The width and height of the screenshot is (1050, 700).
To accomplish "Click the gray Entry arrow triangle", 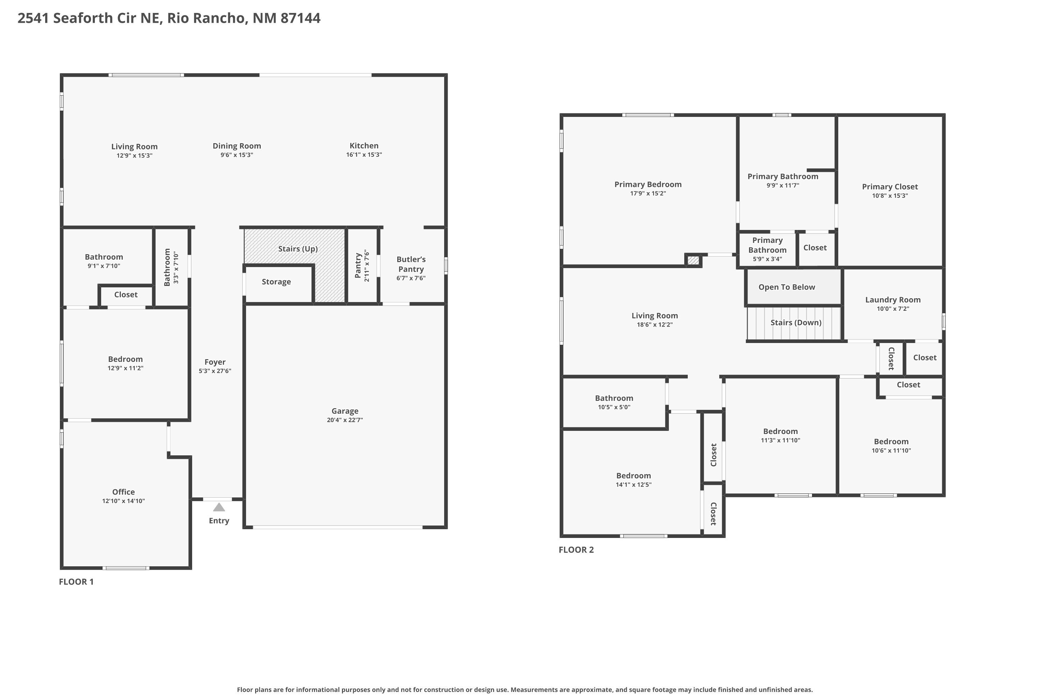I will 219,507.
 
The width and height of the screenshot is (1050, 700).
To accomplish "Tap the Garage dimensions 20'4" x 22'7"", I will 345,420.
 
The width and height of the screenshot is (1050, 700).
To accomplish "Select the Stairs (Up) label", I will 298,248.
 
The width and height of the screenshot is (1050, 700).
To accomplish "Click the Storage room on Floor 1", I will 276,282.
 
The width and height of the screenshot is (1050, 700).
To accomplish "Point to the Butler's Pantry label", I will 411,264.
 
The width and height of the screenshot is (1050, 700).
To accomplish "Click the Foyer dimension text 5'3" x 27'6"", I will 215,371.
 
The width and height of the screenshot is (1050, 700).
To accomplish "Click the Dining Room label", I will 237,146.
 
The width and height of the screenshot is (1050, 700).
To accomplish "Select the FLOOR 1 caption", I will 76,582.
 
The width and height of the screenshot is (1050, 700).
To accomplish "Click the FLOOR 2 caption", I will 576,550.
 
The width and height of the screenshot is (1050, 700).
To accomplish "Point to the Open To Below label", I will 786,287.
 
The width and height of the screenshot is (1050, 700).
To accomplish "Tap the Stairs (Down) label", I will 796,322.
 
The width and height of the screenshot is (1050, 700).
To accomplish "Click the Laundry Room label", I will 892,300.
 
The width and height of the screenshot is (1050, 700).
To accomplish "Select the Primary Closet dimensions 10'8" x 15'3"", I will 890,196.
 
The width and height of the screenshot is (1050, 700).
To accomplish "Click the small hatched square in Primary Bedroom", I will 693,260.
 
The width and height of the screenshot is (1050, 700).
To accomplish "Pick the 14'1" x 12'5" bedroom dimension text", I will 633,485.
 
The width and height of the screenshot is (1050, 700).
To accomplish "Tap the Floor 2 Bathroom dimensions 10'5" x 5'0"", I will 614,407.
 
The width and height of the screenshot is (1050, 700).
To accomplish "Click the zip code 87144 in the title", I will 300,18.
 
